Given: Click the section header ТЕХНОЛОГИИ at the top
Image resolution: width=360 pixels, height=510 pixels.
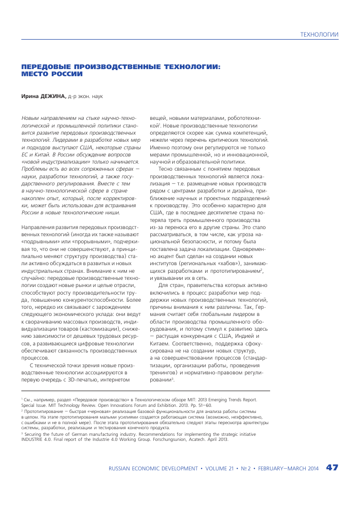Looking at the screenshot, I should (x=319, y=35).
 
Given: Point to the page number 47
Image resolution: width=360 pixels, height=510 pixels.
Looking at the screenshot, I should (x=332, y=468).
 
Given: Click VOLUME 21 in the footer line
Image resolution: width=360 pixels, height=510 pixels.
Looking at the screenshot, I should (x=220, y=468).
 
